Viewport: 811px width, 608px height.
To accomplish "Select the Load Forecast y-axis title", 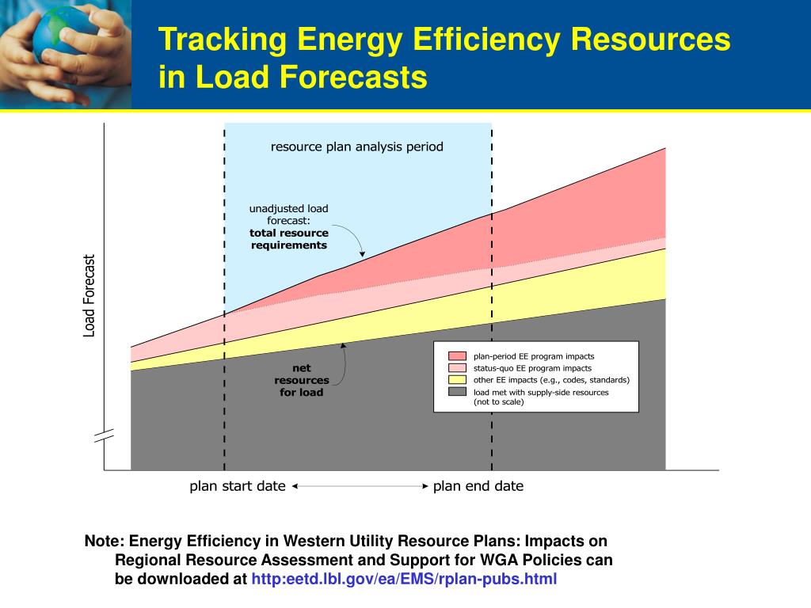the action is pyautogui.click(x=89, y=296).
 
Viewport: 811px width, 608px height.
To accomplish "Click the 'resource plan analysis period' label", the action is pyautogui.click(x=357, y=146).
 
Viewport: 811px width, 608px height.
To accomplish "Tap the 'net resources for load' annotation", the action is pyautogui.click(x=302, y=380).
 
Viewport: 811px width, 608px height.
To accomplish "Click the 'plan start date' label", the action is pyautogui.click(x=238, y=487).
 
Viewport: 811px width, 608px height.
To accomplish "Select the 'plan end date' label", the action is pyautogui.click(x=478, y=487).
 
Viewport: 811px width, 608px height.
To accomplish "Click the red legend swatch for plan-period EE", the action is pyautogui.click(x=457, y=355).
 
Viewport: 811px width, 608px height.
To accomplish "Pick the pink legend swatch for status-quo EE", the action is pyautogui.click(x=457, y=367).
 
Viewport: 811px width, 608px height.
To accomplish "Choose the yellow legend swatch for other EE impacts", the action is pyautogui.click(x=457, y=379).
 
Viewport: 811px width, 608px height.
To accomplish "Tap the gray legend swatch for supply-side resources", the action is pyautogui.click(x=457, y=392).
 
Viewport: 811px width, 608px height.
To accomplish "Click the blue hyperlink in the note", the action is pyautogui.click(x=404, y=579).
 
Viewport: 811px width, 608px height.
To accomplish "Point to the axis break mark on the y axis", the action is pyautogui.click(x=104, y=436).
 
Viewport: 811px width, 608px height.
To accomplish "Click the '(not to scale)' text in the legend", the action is pyautogui.click(x=499, y=401).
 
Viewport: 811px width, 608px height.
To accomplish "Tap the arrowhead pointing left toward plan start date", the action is pyautogui.click(x=295, y=486).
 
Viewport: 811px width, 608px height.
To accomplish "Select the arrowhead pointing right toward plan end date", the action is pyautogui.click(x=425, y=486).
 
